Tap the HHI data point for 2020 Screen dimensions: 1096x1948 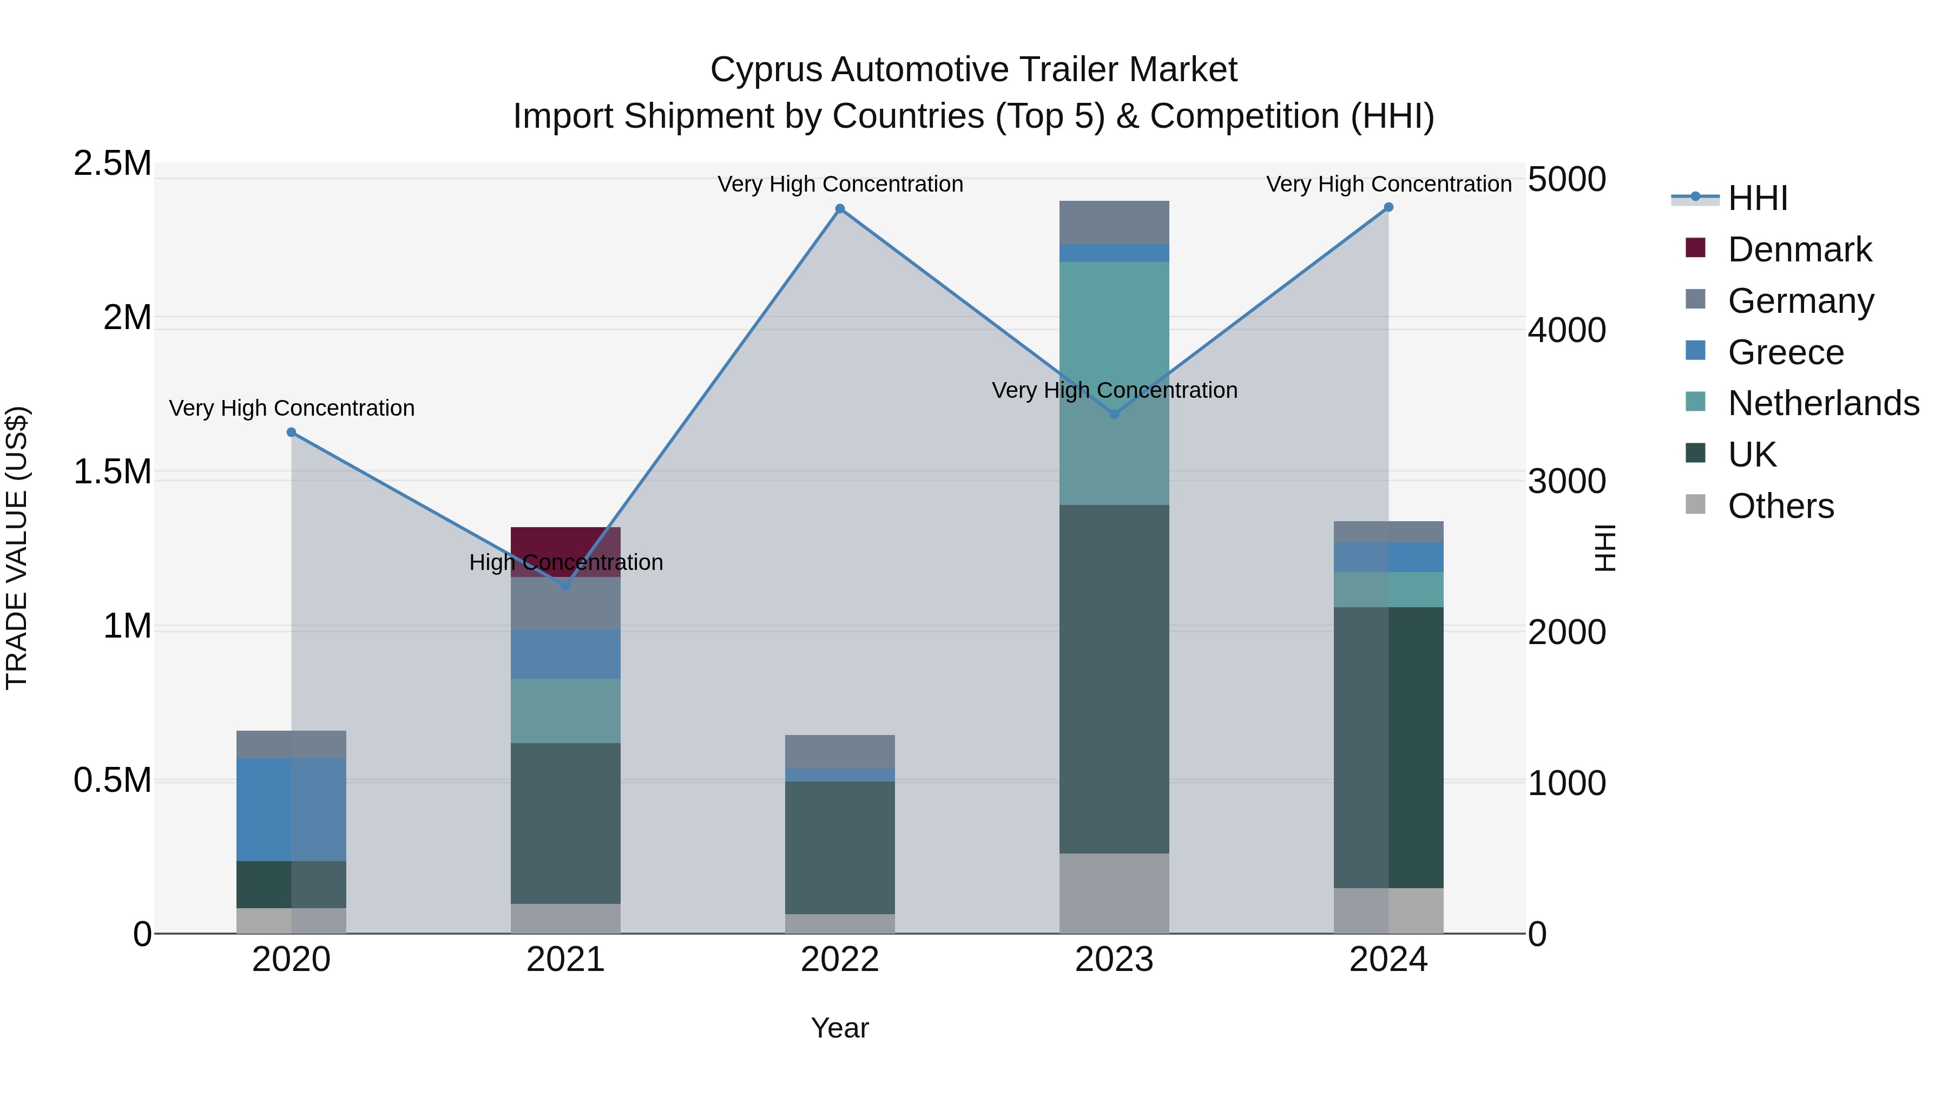(291, 432)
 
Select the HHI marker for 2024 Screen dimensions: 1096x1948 (1388, 207)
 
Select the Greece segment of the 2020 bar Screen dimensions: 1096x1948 (291, 809)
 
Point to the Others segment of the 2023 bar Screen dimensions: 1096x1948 (1114, 893)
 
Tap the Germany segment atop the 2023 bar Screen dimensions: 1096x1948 (1114, 222)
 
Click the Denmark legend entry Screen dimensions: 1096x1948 (1799, 250)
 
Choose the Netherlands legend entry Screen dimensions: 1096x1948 (1822, 403)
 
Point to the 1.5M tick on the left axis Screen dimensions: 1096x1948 (112, 472)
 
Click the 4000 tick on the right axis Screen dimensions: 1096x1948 (1566, 331)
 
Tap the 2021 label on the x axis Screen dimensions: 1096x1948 (565, 960)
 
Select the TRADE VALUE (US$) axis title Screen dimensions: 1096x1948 (17, 548)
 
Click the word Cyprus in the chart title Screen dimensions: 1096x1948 (765, 70)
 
